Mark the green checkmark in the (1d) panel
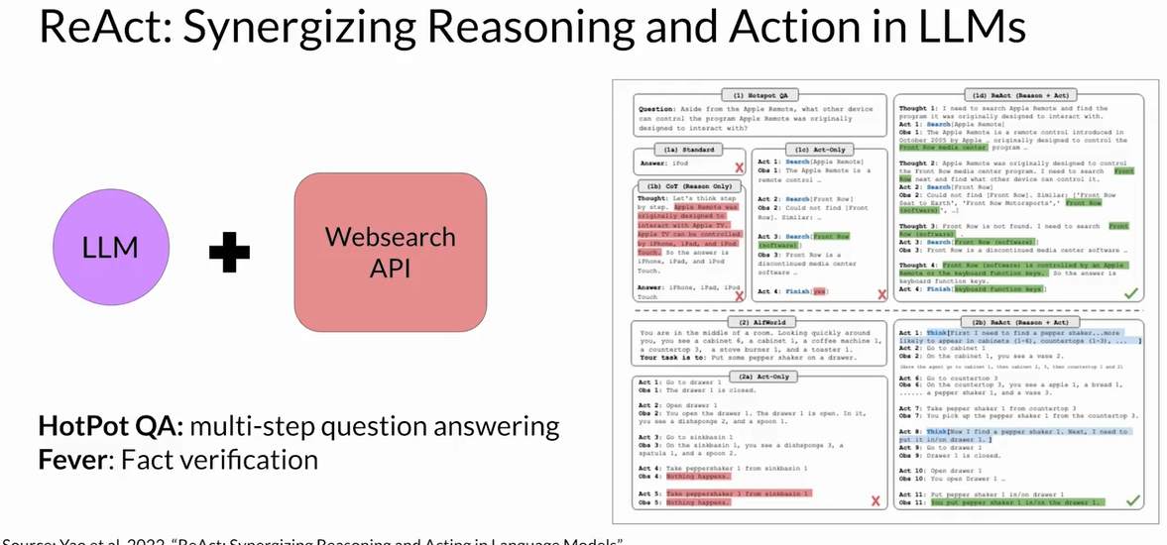click(1129, 294)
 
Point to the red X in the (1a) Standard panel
click(738, 168)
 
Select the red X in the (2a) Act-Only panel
click(875, 501)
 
